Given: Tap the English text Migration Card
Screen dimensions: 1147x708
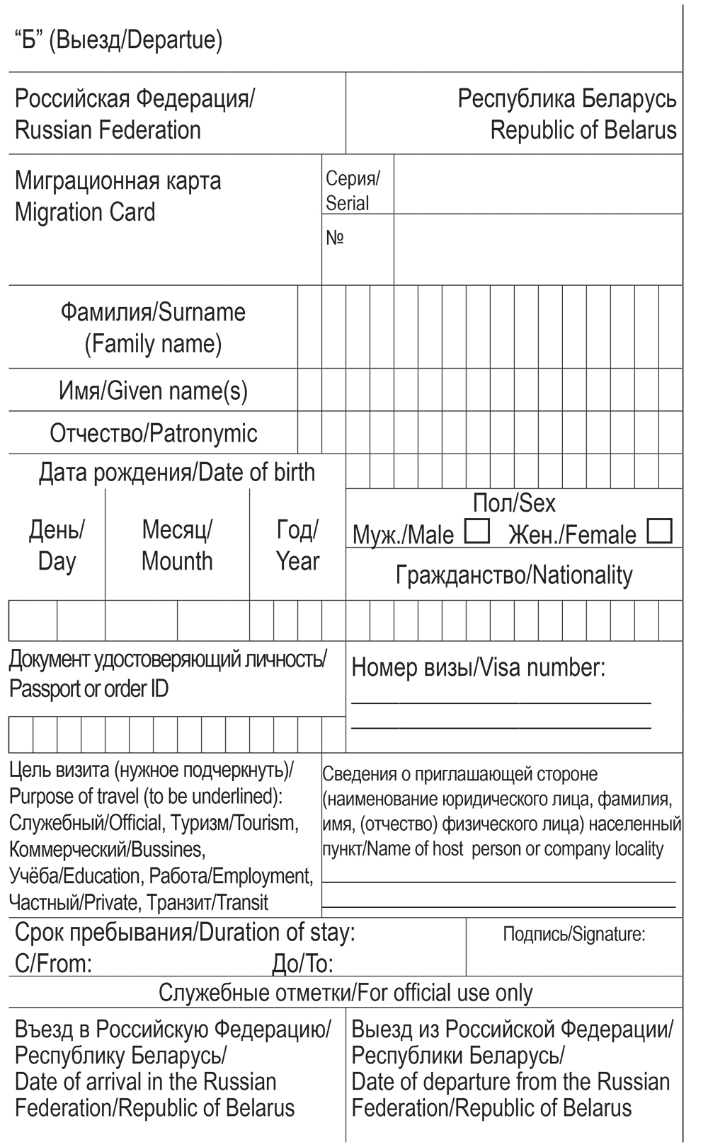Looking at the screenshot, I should [85, 212].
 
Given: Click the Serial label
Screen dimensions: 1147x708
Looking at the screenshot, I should [347, 203].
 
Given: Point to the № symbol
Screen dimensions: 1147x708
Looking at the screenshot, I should [334, 238].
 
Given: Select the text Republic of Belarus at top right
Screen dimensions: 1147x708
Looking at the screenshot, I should [583, 130].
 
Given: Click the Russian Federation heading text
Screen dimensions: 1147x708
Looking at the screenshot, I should [108, 130].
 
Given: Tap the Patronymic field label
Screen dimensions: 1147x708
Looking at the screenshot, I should [204, 433].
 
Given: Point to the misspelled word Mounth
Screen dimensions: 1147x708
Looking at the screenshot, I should [177, 561].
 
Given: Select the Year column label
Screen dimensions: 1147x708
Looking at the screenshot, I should [297, 561].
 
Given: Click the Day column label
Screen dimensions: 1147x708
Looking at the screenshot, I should [57, 561].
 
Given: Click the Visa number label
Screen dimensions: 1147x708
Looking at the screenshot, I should [542, 667].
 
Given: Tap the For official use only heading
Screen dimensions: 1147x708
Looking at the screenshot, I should [445, 993].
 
